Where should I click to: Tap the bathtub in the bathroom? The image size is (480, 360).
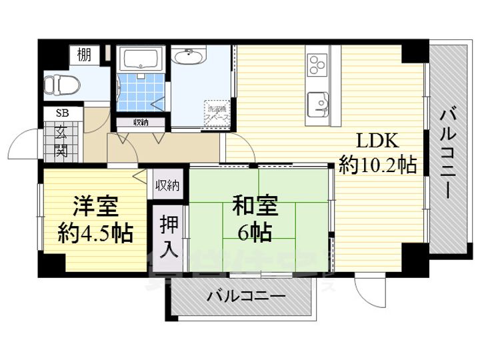click(140, 61)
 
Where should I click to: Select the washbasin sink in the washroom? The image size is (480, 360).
click(189, 58)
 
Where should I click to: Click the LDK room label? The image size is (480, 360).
click(377, 141)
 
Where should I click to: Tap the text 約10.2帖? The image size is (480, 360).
click(378, 165)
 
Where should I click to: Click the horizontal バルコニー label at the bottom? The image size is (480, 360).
click(245, 295)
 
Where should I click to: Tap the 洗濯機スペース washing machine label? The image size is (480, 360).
click(218, 111)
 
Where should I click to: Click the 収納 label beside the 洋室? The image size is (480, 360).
click(168, 185)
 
